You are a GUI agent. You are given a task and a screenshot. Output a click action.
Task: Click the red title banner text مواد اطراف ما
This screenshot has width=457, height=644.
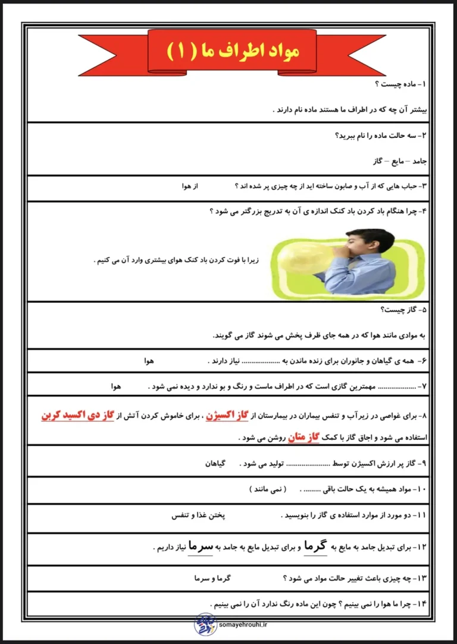pyautogui.click(x=228, y=52)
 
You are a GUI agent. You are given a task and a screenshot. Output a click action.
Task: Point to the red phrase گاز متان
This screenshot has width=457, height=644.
pyautogui.click(x=303, y=438)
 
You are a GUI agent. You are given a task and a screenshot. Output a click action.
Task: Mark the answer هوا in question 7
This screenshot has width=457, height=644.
pyautogui.click(x=115, y=387)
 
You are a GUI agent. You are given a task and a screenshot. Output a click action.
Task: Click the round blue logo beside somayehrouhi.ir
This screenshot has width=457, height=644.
pyautogui.click(x=206, y=624)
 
